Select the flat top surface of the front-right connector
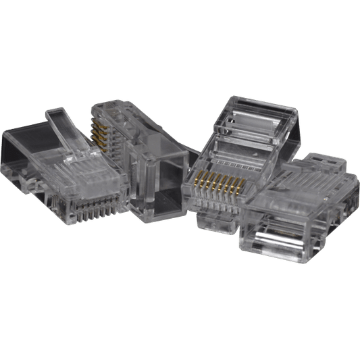click(x=297, y=196)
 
